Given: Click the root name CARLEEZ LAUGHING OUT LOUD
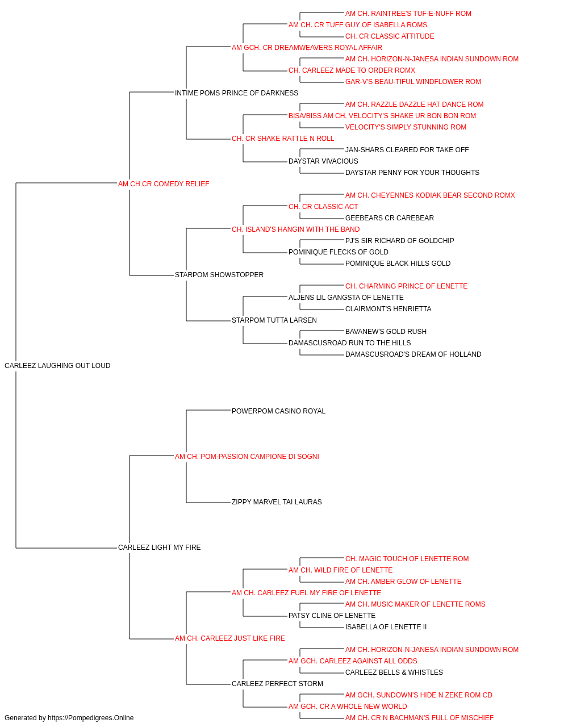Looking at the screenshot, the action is point(57,366).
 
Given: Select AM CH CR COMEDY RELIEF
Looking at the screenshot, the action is point(164,184).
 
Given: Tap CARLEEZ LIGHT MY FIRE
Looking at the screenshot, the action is point(159,548).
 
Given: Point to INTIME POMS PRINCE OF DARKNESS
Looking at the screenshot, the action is point(236,93).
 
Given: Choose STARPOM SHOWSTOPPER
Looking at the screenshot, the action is point(219,275).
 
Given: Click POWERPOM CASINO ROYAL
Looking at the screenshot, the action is point(278,411).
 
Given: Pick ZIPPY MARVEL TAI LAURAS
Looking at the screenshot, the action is point(277,502).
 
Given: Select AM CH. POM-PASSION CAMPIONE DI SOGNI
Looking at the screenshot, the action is point(247,457).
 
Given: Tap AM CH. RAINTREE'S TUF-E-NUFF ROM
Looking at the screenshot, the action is point(408,14).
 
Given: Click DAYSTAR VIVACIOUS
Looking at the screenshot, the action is point(323,161).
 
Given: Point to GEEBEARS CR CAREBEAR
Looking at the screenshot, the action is point(390,218).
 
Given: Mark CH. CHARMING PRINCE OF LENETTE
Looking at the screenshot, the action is point(406,286).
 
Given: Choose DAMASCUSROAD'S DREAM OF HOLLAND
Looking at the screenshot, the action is point(413,354).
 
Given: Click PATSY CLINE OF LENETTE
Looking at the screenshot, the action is point(332,616).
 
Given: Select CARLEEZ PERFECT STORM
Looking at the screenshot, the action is point(277,684).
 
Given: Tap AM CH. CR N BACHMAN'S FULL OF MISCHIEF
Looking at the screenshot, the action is point(419,718).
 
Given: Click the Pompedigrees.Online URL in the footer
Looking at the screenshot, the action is point(91,718).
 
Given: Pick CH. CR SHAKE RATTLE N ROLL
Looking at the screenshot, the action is point(283,139).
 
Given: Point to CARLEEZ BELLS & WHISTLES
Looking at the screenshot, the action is point(394,672).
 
